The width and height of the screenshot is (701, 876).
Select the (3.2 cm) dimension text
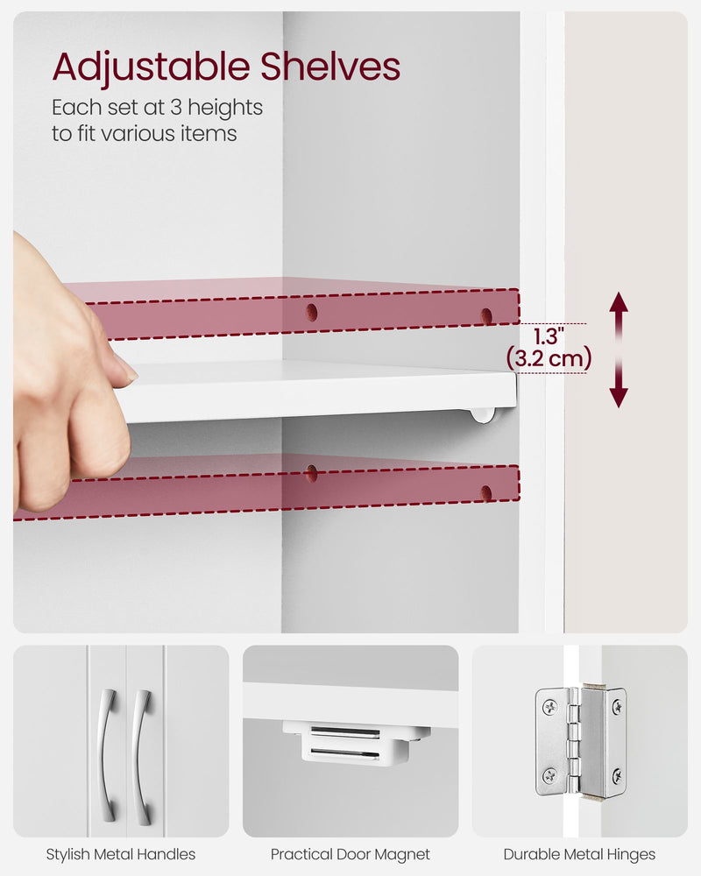coord(549,357)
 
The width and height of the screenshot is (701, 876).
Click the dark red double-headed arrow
coord(619,350)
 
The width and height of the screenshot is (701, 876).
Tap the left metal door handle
coord(107,754)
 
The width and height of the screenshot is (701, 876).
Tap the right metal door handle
coord(141,754)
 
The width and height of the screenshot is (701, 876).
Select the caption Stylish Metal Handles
coord(121,854)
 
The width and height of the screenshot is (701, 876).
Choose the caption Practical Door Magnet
coord(350,854)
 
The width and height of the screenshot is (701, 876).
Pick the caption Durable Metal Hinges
coord(579,854)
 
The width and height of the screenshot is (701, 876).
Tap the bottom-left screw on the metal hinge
coord(549,775)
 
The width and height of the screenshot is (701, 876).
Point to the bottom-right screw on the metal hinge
coord(617,775)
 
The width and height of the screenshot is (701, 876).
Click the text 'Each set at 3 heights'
coord(158,108)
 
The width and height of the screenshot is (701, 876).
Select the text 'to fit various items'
coord(145,134)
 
